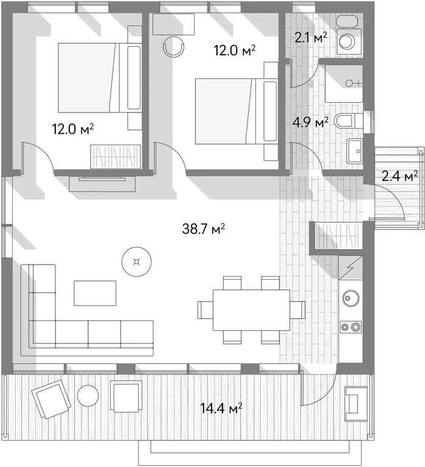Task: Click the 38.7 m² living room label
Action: [x=203, y=229]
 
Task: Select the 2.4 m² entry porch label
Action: [x=399, y=177]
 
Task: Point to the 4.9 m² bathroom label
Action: [x=310, y=122]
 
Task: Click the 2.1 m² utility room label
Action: [x=311, y=38]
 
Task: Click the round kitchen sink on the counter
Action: [x=351, y=298]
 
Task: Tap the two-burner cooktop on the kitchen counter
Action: [x=351, y=327]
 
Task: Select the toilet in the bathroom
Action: [x=348, y=121]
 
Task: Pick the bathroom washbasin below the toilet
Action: [x=354, y=151]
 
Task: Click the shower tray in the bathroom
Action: [x=344, y=83]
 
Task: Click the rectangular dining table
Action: [x=251, y=310]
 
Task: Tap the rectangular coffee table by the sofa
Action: [x=95, y=292]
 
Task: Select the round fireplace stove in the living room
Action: [x=137, y=262]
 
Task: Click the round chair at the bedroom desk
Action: [x=174, y=46]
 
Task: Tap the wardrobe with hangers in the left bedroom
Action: [x=116, y=157]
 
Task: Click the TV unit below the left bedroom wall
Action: [x=102, y=184]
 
